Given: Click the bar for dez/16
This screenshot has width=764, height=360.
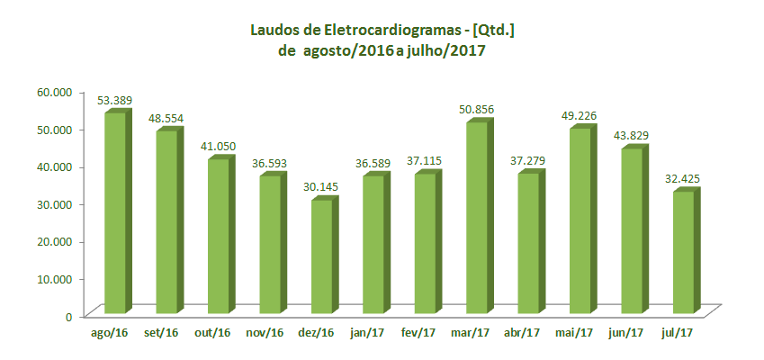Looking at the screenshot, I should [321, 256].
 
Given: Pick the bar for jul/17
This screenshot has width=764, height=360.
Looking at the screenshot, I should [684, 252].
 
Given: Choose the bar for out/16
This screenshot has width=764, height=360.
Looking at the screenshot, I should [218, 236].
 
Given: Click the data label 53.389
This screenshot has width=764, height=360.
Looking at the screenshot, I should [115, 100].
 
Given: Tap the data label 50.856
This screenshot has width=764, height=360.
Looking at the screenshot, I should [477, 110].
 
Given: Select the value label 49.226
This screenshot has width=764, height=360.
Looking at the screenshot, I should [580, 115].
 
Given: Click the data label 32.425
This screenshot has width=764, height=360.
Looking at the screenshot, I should [684, 178].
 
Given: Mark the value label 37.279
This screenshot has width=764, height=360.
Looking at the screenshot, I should [529, 161].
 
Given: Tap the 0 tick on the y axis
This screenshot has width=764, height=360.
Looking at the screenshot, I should [68, 316].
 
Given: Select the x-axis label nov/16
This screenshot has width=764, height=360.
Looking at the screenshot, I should [265, 332].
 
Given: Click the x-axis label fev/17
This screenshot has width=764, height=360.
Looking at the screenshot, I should [420, 332].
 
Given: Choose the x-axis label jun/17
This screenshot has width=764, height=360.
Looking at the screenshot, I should [627, 332].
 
